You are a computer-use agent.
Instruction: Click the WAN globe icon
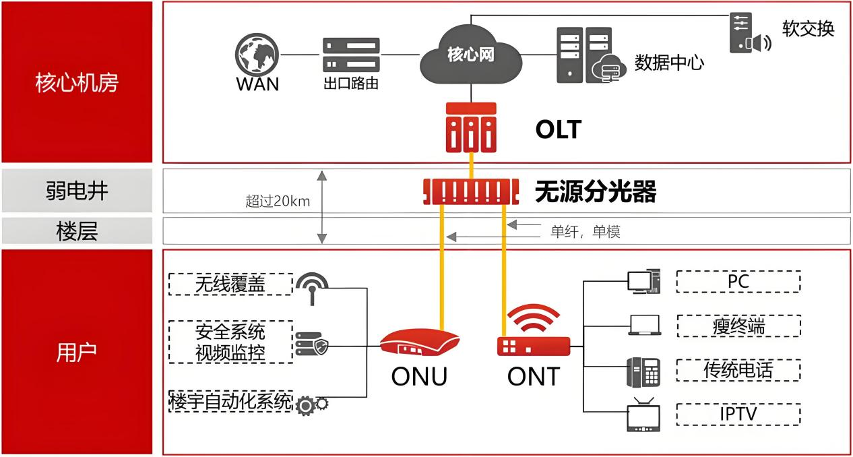click(x=257, y=55)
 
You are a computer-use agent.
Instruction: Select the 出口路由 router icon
click(x=351, y=55)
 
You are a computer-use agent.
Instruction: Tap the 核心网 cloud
click(x=471, y=55)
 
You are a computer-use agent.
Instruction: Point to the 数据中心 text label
click(x=669, y=63)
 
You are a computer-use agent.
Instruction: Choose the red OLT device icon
click(x=471, y=127)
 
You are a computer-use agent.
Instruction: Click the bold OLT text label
click(x=559, y=129)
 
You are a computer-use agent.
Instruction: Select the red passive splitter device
click(x=471, y=191)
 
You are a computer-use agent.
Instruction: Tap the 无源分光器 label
click(x=596, y=191)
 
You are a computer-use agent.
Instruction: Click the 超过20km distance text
click(x=278, y=201)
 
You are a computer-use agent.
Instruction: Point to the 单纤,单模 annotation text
click(x=586, y=232)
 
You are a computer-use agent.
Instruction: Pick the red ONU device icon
click(x=420, y=343)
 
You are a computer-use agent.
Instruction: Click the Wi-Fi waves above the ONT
click(x=533, y=317)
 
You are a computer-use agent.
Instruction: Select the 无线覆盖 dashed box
click(x=230, y=284)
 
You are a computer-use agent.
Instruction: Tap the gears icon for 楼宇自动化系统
click(x=311, y=405)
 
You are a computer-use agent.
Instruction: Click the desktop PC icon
click(x=644, y=282)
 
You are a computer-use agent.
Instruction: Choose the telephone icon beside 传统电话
click(x=643, y=372)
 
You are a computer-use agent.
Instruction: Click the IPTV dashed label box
click(x=738, y=415)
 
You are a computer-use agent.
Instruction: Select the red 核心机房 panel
click(x=77, y=82)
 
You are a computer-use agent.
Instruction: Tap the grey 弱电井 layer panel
click(x=77, y=190)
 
